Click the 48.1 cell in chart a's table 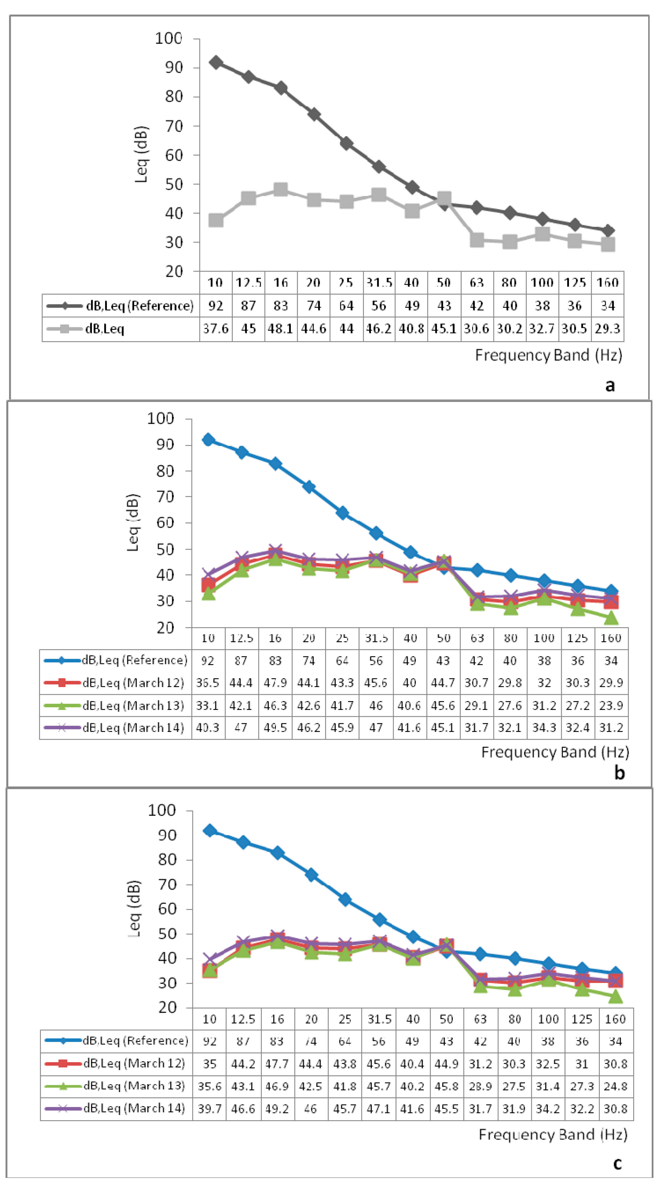tap(281, 329)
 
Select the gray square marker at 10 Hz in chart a tap(215, 220)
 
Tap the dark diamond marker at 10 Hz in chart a tap(215, 62)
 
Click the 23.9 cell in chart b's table tap(611, 705)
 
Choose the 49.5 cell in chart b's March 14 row tap(275, 728)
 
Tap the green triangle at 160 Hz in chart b tap(611, 617)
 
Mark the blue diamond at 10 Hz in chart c tap(210, 831)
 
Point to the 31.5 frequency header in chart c tap(379, 1019)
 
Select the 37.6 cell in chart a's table tap(215, 329)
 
